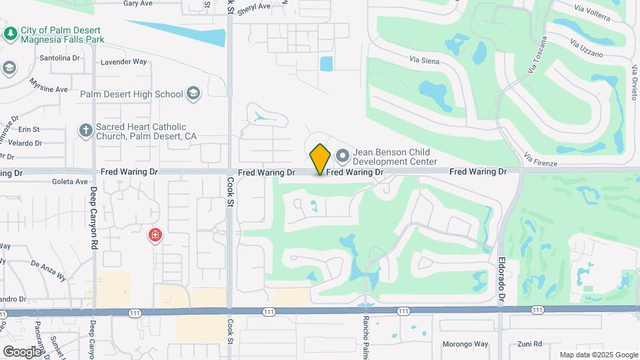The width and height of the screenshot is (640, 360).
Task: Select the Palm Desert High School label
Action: click(131, 94)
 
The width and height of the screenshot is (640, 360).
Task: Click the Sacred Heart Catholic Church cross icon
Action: click(85, 131)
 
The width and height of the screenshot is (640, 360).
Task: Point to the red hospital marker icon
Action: click(155, 235)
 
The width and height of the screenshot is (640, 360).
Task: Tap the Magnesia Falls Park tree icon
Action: click(10, 33)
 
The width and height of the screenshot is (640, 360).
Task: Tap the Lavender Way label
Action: click(123, 62)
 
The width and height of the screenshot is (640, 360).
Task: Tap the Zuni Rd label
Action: click(529, 345)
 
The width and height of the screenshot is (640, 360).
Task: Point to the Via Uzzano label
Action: click(587, 48)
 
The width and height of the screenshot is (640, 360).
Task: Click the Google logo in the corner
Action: click(23, 351)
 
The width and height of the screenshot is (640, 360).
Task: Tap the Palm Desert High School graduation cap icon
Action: click(193, 93)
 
